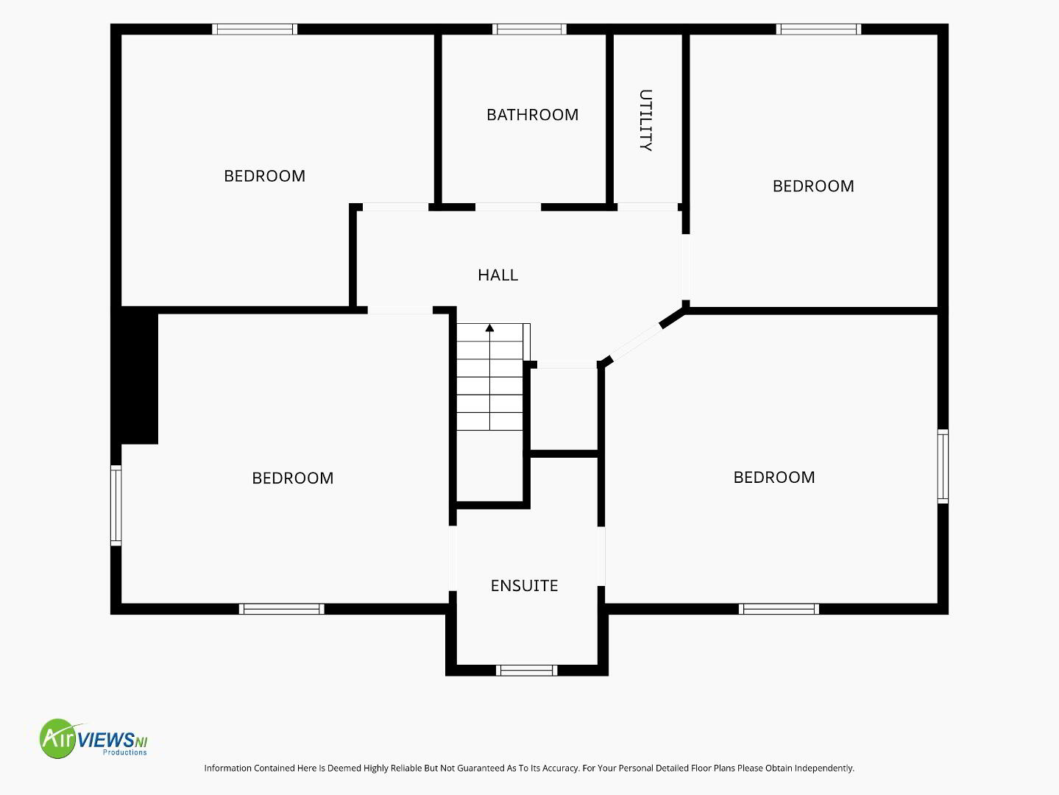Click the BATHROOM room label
point(532,115)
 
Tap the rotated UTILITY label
point(645,120)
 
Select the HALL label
point(498,275)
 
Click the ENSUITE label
point(525,586)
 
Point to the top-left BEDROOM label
point(264,176)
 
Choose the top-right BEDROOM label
point(813,186)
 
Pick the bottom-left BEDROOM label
point(293,478)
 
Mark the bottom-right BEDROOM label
point(774,477)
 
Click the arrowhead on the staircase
point(489,328)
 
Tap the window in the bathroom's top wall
point(529,29)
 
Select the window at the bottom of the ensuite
point(527,670)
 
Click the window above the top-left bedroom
point(255,29)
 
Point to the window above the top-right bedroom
point(819,29)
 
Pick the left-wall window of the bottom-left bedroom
point(116,506)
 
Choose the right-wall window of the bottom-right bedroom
point(943,467)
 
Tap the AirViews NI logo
point(93,738)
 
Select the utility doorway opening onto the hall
point(648,208)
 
